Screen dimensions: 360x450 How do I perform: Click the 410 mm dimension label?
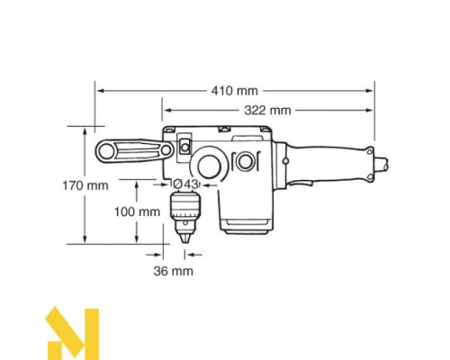pyautogui.click(x=235, y=91)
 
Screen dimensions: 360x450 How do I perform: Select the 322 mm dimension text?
pyautogui.click(x=267, y=110)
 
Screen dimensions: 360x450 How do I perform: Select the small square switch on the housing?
pyautogui.click(x=185, y=143)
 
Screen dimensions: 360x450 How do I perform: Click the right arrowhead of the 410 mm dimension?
pyautogui.click(x=371, y=91)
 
